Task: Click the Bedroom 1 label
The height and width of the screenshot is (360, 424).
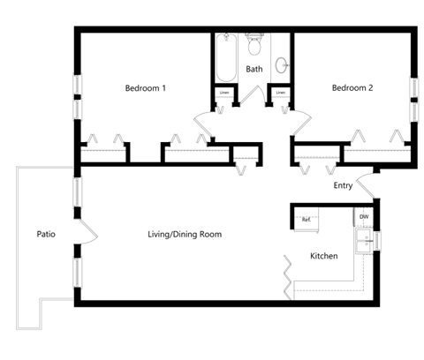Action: click(x=146, y=88)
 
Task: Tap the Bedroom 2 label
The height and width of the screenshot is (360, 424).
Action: click(x=352, y=88)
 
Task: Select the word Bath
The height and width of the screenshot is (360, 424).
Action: click(x=254, y=69)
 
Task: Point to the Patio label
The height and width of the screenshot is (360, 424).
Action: click(x=47, y=235)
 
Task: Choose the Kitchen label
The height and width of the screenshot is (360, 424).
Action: click(x=323, y=256)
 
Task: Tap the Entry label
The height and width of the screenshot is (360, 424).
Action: click(x=343, y=185)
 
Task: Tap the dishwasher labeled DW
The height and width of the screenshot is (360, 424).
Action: click(x=363, y=216)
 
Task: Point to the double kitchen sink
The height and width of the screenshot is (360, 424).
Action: click(x=363, y=240)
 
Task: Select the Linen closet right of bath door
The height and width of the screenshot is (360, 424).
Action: click(x=281, y=92)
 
